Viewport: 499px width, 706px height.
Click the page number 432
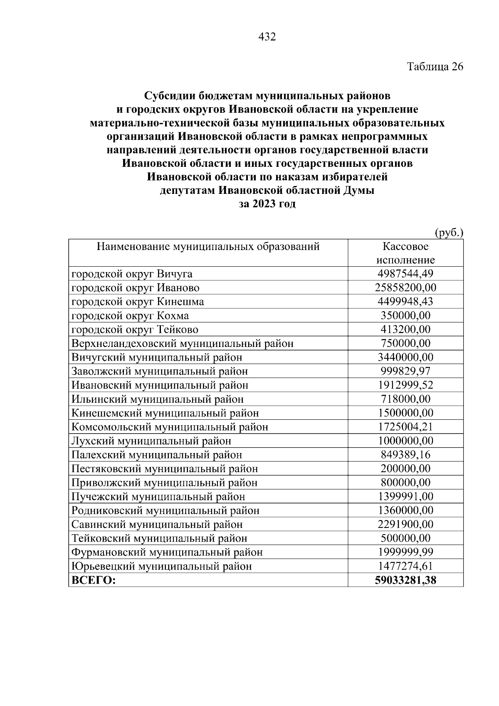click(x=267, y=37)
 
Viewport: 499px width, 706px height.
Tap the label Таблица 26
click(x=435, y=67)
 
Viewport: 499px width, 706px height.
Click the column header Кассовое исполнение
click(x=405, y=253)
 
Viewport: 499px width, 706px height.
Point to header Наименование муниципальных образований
click(x=208, y=247)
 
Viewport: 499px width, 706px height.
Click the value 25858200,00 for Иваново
click(x=405, y=288)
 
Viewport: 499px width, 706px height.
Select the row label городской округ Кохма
click(x=130, y=316)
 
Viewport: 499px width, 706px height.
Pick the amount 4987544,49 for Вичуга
click(x=405, y=274)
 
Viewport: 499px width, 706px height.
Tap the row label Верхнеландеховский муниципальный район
click(x=183, y=344)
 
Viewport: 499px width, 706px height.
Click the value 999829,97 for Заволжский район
click(x=405, y=372)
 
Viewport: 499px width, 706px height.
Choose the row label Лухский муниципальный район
click(x=151, y=441)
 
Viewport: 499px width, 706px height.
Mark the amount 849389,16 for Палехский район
click(x=405, y=455)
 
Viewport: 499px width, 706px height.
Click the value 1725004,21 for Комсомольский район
click(x=405, y=427)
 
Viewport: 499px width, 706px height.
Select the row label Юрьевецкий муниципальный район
click(x=162, y=566)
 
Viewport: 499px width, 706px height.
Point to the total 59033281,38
click(x=405, y=580)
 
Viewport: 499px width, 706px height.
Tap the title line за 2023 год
click(x=267, y=204)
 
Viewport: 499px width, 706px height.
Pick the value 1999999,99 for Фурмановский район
click(x=405, y=552)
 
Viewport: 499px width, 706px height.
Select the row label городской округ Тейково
click(x=135, y=330)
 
